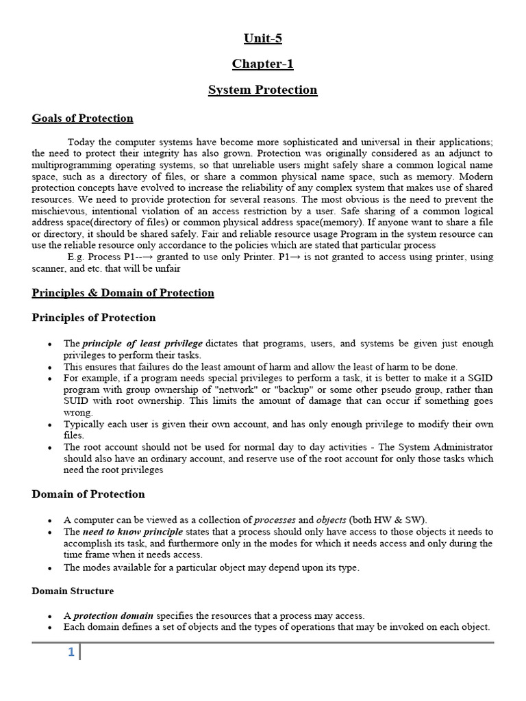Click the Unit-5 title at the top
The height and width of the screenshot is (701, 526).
[x=262, y=38]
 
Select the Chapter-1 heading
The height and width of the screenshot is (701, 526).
[x=262, y=64]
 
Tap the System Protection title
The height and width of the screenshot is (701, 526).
[x=262, y=90]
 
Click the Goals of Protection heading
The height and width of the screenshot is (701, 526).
[x=82, y=118]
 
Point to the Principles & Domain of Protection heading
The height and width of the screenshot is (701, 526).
[x=123, y=293]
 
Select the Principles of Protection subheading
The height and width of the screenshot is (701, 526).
[x=93, y=318]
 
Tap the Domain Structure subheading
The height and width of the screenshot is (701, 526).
[x=73, y=591]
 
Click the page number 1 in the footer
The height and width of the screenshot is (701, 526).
[x=71, y=652]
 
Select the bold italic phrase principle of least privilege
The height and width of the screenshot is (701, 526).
[x=142, y=344]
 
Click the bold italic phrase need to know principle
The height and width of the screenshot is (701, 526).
[x=133, y=532]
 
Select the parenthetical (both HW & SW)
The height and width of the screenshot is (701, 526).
[x=386, y=520]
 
